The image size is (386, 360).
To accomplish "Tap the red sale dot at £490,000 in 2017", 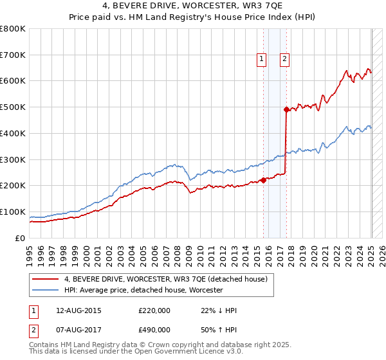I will click(286, 109).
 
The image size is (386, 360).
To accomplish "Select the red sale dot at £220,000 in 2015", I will click(263, 180).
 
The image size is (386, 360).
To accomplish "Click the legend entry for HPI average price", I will click(143, 291).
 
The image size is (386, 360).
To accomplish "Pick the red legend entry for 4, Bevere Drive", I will click(169, 278).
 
